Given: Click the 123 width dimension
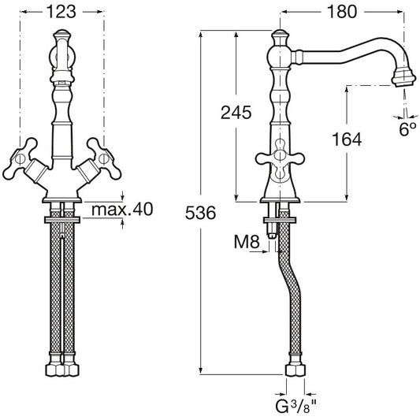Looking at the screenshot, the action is (x=61, y=12).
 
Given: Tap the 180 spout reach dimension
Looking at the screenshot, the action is (x=342, y=12).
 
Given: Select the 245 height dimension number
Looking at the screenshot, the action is (x=236, y=113).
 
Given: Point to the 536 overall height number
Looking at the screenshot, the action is (x=200, y=213).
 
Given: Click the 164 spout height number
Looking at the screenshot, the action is (x=347, y=139).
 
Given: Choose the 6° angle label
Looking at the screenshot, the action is (x=407, y=130).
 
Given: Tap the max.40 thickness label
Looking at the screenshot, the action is (x=122, y=209).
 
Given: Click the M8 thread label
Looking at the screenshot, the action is (x=247, y=242).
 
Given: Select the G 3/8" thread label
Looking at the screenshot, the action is (x=296, y=407).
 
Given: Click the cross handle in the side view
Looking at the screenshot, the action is (x=280, y=158).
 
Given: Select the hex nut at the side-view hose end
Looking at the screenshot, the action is (x=295, y=370).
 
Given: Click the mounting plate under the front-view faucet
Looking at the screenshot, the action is (x=62, y=220).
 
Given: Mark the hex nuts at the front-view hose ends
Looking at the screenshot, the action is (x=62, y=370).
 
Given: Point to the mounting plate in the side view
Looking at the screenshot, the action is (x=281, y=220).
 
